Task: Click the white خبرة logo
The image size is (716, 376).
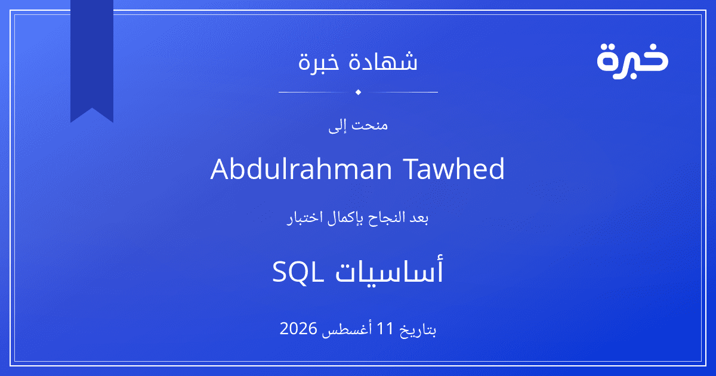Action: tap(632, 61)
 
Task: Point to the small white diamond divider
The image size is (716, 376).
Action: tap(359, 92)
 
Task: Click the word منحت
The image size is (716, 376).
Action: tap(370, 125)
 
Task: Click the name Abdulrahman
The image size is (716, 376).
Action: tap(301, 168)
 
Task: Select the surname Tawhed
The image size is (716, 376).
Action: tap(454, 168)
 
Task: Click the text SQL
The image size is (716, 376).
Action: tap(298, 272)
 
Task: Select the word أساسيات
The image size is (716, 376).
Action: tap(389, 270)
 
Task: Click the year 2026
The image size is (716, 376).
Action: tap(298, 328)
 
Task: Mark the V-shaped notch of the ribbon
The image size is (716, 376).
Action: tap(92, 109)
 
